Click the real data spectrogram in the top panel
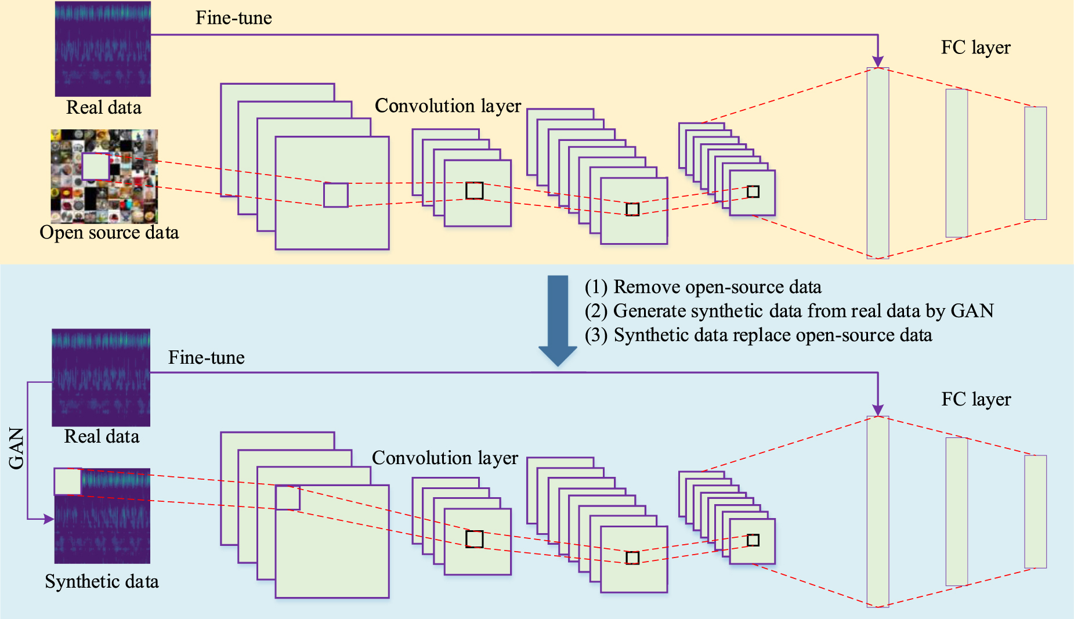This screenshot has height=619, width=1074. tap(103, 49)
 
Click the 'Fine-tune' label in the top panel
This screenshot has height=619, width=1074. tap(233, 18)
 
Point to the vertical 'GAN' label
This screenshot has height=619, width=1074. tap(17, 448)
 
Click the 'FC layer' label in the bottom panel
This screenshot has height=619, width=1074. tap(975, 399)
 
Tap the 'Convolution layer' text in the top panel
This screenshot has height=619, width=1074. tap(447, 106)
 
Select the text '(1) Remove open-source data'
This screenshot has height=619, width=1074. tap(703, 287)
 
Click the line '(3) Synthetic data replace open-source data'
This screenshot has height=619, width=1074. tap(758, 335)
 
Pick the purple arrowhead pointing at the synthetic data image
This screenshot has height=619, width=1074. tap(49, 519)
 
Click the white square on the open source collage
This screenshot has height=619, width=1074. tap(96, 166)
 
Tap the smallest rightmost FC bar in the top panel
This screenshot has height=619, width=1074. tap(1035, 163)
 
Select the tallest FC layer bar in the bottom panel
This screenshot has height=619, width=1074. tap(877, 511)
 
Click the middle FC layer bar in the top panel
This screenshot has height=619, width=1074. tap(956, 163)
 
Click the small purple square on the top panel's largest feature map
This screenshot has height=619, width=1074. tap(335, 195)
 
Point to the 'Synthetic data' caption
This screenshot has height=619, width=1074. tap(102, 581)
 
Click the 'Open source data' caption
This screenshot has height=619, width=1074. tap(109, 233)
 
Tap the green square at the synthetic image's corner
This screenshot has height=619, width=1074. tap(67, 482)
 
